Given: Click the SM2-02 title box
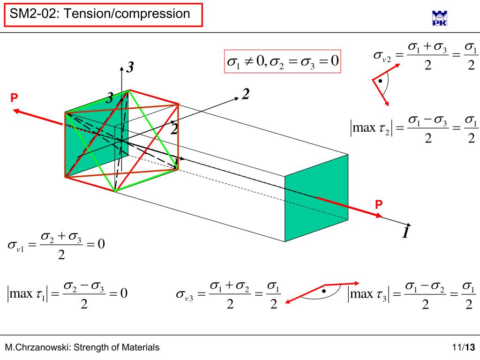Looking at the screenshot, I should [x=103, y=14].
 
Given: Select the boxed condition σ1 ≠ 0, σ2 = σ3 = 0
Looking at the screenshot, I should [x=282, y=61].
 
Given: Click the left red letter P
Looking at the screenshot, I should [x=14, y=97].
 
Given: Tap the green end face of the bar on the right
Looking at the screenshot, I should [x=316, y=198].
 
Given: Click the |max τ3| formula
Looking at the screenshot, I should [x=412, y=295].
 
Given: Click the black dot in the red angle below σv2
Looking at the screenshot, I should [x=381, y=81].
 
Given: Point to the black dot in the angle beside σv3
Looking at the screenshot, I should [x=323, y=291].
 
